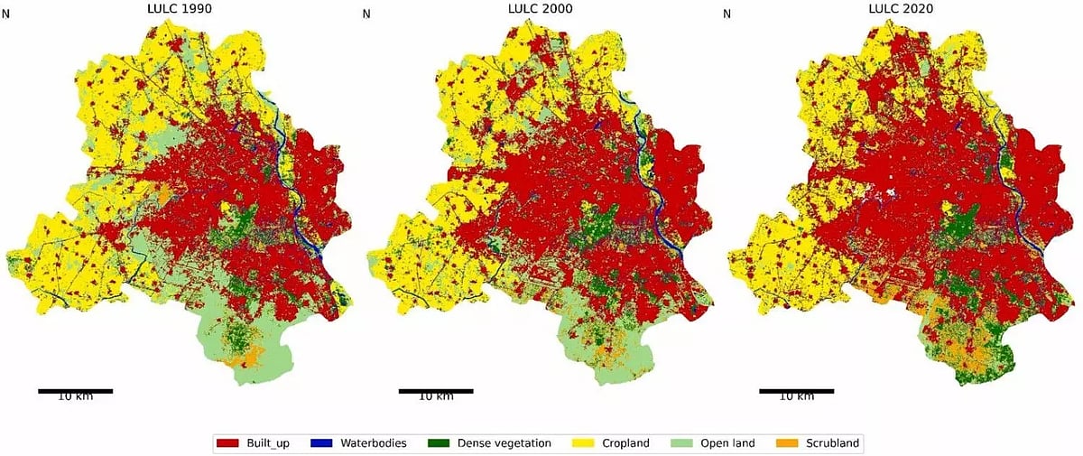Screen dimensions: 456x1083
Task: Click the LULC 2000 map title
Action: click(x=537, y=9)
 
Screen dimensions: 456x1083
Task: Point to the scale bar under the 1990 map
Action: click(x=75, y=391)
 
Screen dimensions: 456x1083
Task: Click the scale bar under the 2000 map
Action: click(x=436, y=391)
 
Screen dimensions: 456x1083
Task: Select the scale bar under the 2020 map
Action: click(x=797, y=391)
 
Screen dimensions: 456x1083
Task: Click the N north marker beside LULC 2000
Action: click(x=366, y=14)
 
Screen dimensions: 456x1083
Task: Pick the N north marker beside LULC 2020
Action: click(x=727, y=14)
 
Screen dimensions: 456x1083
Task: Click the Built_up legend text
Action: click(x=269, y=443)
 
